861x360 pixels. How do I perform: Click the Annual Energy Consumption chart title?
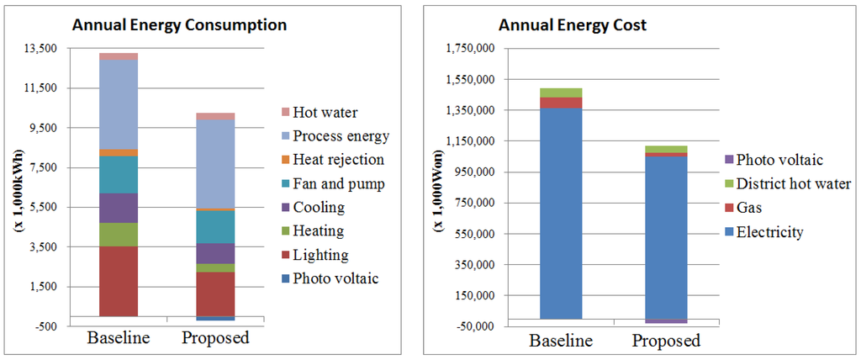tap(179, 24)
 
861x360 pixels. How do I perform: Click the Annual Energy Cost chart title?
tap(573, 24)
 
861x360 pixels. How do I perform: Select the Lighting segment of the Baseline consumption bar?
tap(119, 281)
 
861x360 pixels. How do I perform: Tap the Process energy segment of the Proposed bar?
tap(215, 164)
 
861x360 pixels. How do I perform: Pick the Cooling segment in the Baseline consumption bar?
tap(119, 208)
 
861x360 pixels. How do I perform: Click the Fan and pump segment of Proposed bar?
tap(215, 226)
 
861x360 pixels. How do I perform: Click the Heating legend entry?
tap(317, 231)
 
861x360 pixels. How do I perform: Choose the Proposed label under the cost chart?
tap(666, 341)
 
